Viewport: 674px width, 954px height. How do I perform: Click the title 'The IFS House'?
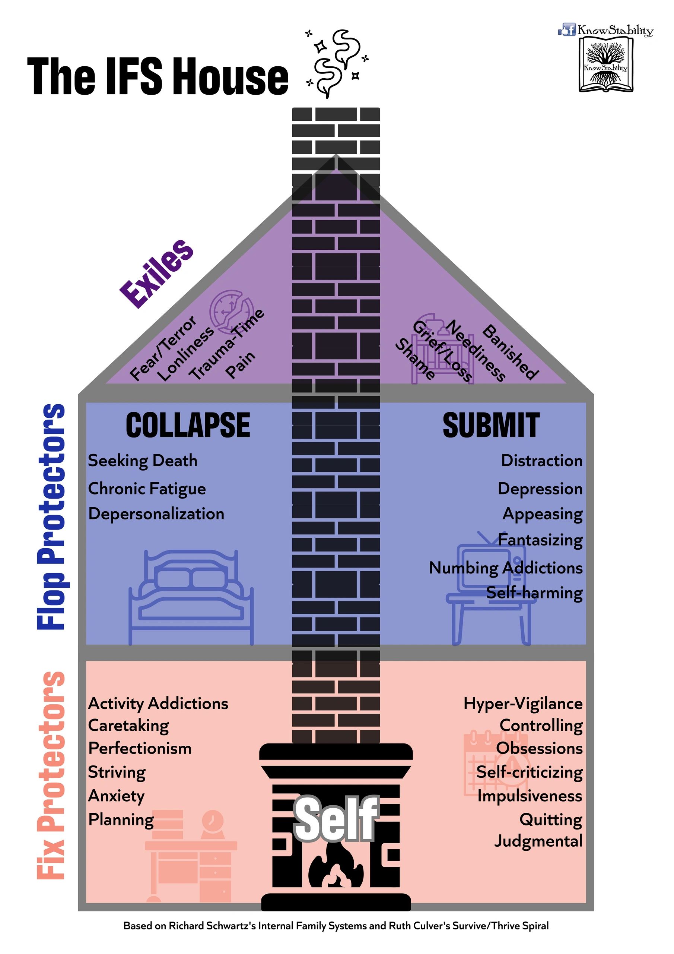158,76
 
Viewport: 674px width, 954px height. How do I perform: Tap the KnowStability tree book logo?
605,64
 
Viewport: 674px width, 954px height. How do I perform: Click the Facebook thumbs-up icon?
566,29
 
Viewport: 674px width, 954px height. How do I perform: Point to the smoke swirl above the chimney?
336,62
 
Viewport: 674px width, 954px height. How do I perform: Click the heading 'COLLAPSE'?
188,425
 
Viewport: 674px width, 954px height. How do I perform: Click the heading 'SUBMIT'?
491,425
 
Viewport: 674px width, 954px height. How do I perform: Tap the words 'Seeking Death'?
143,461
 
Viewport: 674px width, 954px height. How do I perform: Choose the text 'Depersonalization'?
156,514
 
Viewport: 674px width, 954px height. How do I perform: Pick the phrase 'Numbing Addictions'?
505,568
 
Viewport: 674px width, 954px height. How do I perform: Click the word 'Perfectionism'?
140,748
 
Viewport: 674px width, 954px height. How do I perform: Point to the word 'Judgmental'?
538,841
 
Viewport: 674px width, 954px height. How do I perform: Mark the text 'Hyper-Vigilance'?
523,704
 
